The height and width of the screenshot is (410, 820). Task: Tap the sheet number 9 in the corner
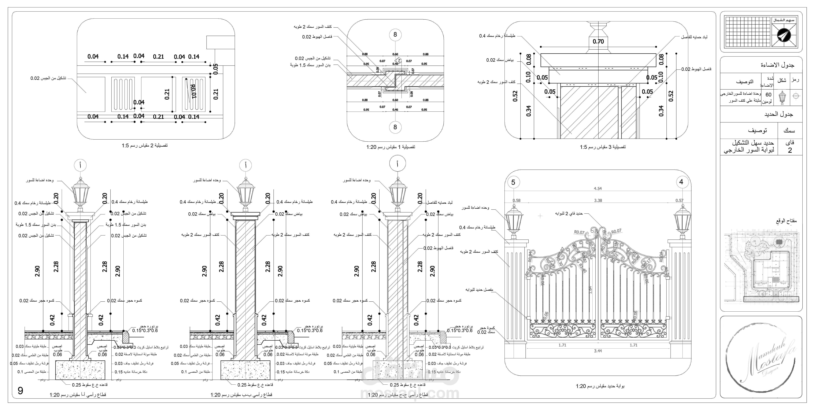tap(20, 391)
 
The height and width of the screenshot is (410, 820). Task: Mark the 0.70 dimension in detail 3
tap(598, 41)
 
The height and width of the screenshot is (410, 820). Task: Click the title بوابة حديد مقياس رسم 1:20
tap(600, 386)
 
